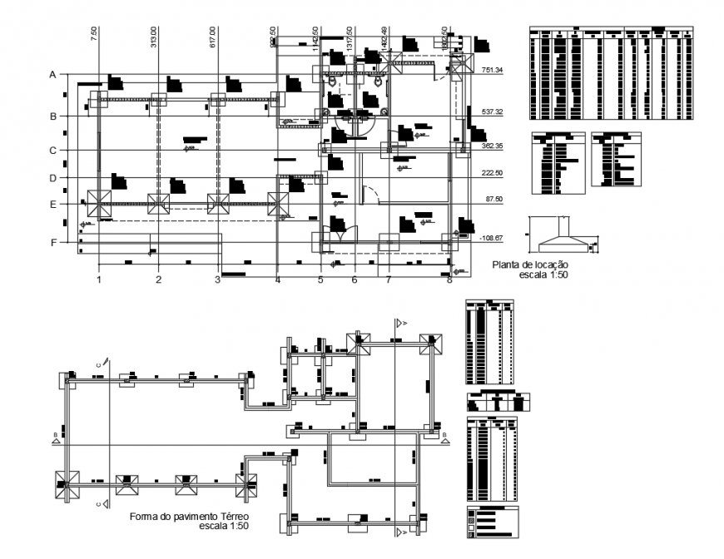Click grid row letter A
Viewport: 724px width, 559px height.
(52, 75)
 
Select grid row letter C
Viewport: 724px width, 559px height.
(52, 151)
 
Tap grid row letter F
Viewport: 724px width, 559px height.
(52, 243)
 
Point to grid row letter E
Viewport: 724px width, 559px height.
(52, 204)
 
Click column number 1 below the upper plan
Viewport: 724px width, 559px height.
(99, 280)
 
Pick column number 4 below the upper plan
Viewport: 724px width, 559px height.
(278, 280)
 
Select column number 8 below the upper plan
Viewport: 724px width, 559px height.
(449, 280)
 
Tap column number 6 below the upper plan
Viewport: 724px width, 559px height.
(354, 280)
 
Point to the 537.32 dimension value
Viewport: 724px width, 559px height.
(492, 111)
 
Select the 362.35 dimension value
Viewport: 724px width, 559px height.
(492, 146)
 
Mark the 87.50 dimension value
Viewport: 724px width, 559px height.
(492, 200)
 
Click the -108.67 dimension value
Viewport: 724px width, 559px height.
(492, 238)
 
